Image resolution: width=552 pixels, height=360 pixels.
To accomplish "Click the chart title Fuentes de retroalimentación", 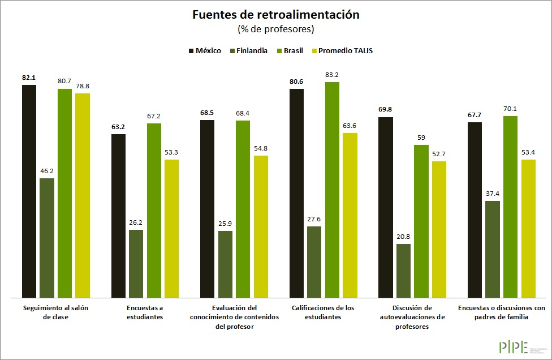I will tap(275, 15).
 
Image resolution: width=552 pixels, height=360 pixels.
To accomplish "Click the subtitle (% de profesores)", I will tap(275, 28).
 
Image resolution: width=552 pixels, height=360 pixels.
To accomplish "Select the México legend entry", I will tap(204, 50).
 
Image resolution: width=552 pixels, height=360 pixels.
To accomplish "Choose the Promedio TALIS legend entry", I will tap(340, 50).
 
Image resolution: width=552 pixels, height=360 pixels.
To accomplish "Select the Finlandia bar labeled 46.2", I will tap(47, 238).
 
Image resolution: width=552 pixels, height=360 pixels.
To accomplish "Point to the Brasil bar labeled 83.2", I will tap(332, 190).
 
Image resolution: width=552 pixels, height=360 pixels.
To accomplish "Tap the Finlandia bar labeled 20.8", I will tap(403, 271).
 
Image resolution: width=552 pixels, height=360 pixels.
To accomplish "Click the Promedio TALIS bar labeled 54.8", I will tap(261, 226).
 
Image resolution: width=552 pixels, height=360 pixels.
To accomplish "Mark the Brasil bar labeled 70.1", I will tap(510, 207).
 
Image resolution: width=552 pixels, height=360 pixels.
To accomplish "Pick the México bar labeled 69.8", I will tap(386, 207).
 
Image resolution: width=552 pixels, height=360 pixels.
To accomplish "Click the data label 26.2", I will tap(136, 222).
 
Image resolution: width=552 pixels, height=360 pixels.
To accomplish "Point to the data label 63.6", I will tap(350, 126).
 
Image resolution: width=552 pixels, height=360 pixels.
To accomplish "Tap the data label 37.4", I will tap(493, 194).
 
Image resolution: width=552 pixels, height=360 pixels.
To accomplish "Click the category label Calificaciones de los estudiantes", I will tap(323, 312).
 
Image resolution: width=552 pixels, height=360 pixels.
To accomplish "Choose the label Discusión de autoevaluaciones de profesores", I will tap(412, 317).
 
